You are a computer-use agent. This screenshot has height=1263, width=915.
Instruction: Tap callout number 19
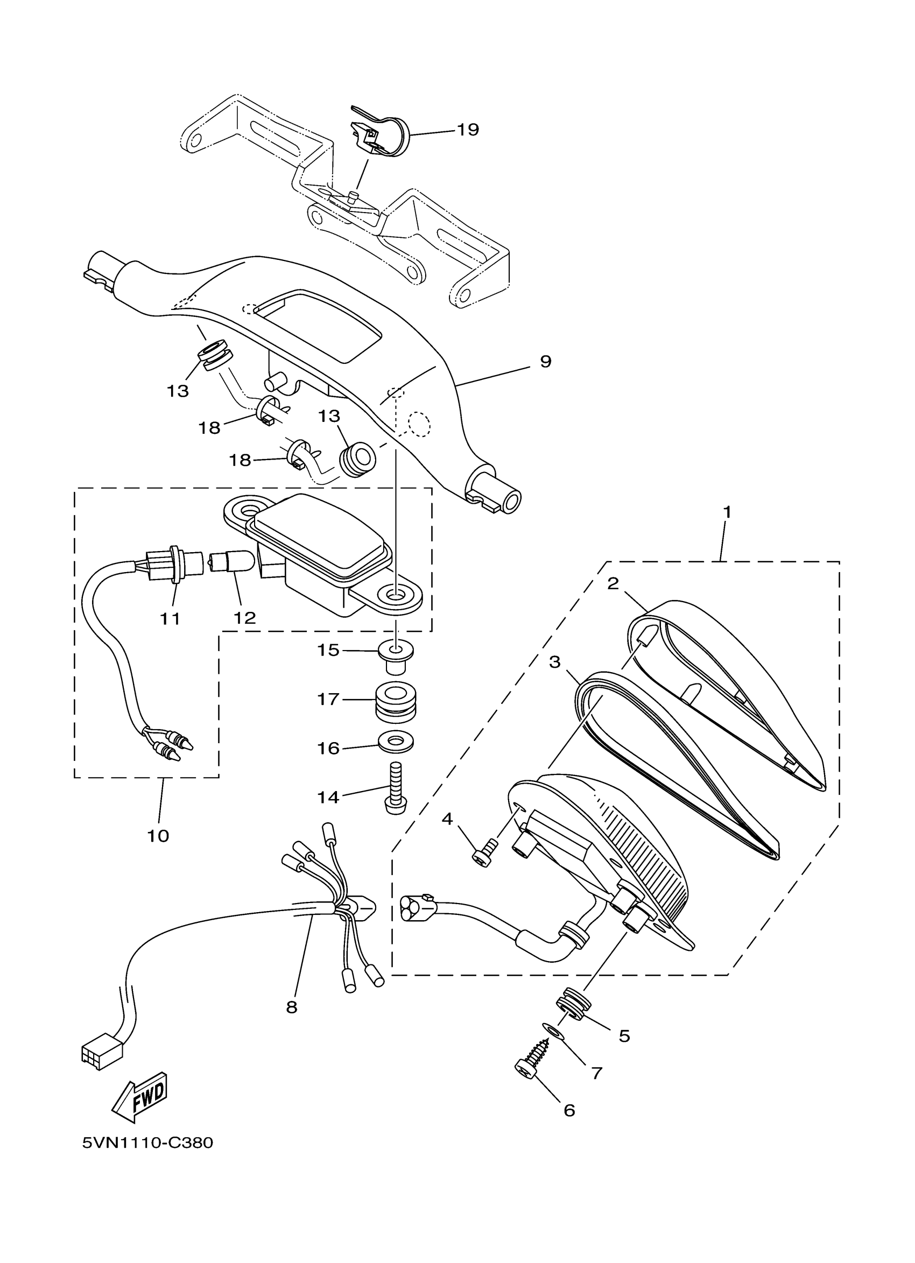[x=468, y=130]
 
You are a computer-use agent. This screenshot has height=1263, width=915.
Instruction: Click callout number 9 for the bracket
[x=545, y=362]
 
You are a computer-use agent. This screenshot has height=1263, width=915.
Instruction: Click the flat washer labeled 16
[x=396, y=741]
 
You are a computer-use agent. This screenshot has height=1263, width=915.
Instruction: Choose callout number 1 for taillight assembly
[x=727, y=512]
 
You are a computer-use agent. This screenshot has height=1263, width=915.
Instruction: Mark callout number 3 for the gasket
[x=554, y=662]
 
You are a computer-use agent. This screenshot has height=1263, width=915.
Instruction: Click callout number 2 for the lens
[x=613, y=584]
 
